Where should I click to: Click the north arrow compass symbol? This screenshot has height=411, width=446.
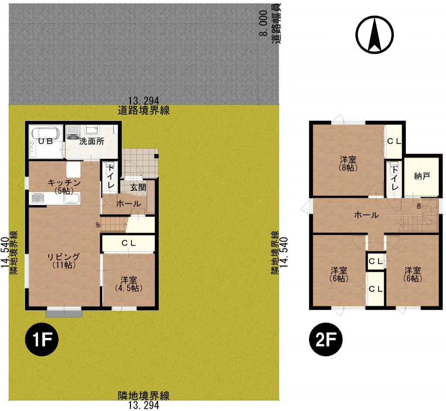[x=375, y=35]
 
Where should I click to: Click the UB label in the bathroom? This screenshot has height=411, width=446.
[x=44, y=141]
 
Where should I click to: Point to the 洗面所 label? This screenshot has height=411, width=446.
[x=91, y=141]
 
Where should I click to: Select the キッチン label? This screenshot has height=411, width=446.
[x=64, y=183]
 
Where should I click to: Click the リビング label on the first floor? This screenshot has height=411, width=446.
[x=64, y=257]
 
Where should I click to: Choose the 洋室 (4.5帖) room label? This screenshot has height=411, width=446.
[x=129, y=284]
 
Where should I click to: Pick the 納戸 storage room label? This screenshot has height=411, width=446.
[x=422, y=176]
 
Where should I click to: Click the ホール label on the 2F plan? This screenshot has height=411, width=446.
[x=366, y=215]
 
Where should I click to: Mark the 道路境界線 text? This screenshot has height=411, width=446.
[x=144, y=110]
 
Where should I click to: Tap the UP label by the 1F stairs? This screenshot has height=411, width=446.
[x=98, y=225]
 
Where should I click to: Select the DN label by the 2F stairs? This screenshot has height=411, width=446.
[x=419, y=205]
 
